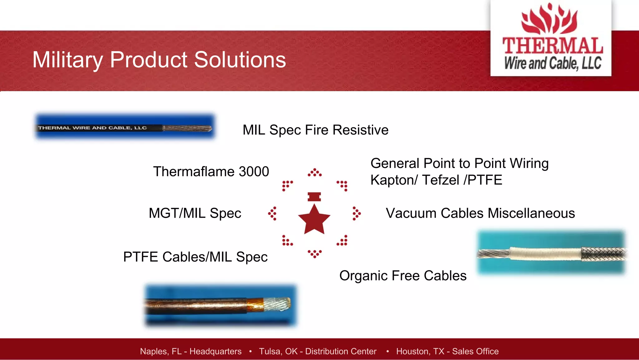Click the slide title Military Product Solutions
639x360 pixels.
[x=159, y=60]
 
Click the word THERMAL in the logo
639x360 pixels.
[x=553, y=46]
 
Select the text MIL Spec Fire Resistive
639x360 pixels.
[x=315, y=130]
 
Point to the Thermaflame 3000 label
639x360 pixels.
[x=211, y=171]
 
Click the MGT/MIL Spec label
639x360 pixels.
[x=195, y=213]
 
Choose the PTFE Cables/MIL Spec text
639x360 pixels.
[x=195, y=257]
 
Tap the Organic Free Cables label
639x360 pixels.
[x=403, y=276]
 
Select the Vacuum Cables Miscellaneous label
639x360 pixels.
[x=480, y=213]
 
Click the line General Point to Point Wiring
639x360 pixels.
[x=459, y=163]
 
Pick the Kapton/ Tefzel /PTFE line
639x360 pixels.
[x=436, y=180]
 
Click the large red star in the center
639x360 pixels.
[x=314, y=220]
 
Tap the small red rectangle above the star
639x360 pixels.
[x=314, y=197]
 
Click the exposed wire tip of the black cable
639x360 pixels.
[x=187, y=128]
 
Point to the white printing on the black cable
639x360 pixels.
[x=92, y=128]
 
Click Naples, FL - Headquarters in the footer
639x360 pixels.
[x=191, y=351]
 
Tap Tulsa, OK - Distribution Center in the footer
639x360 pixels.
[x=318, y=351]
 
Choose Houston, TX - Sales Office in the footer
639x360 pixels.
[x=447, y=351]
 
